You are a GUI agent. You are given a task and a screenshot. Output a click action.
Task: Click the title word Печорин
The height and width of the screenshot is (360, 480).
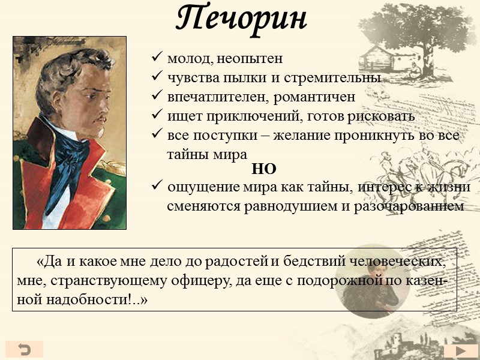pyautogui.click(x=242, y=19)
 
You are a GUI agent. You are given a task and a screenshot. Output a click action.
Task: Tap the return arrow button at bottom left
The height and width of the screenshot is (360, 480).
pyautogui.click(x=25, y=349)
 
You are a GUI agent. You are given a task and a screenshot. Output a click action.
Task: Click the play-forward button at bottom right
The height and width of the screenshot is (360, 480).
pyautogui.click(x=461, y=351)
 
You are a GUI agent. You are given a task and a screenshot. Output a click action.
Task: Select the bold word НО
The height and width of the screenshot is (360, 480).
pyautogui.click(x=264, y=170)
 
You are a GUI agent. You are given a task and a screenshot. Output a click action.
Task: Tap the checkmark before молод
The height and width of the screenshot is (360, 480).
pyautogui.click(x=157, y=59)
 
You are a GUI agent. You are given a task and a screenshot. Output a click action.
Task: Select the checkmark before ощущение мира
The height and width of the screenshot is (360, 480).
pyautogui.click(x=157, y=187)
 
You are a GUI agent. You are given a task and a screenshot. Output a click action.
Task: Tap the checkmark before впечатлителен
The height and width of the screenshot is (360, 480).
pyautogui.click(x=157, y=97)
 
